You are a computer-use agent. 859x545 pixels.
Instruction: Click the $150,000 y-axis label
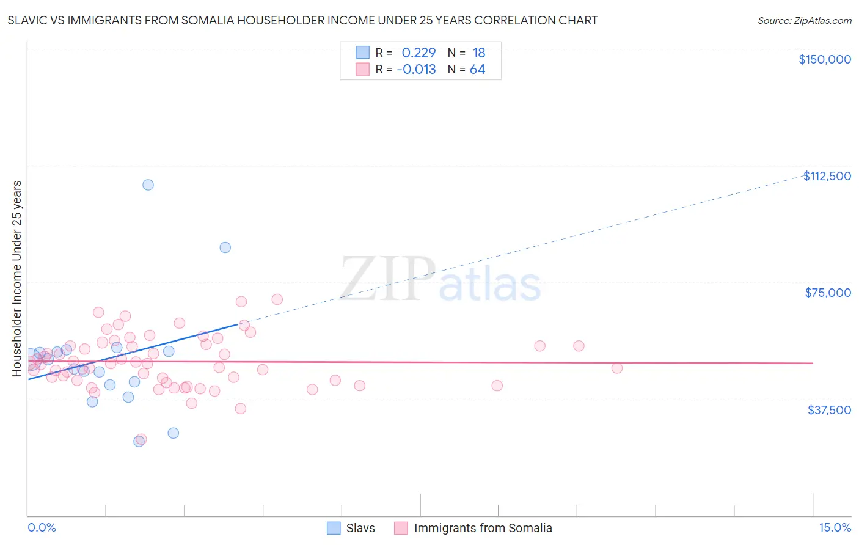pyautogui.click(x=824, y=59)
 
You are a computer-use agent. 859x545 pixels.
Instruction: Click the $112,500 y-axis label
pyautogui.click(x=827, y=176)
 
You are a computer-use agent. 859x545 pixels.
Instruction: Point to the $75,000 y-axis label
pyautogui.click(x=828, y=293)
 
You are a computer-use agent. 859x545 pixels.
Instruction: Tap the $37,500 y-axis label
pyautogui.click(x=829, y=410)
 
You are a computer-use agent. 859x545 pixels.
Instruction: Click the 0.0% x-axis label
pyautogui.click(x=42, y=527)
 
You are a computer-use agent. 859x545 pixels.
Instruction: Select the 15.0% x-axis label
pyautogui.click(x=835, y=527)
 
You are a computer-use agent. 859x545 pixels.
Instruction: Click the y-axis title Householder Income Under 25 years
pyautogui.click(x=16, y=278)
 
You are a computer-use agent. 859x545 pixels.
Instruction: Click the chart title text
pyautogui.click(x=302, y=20)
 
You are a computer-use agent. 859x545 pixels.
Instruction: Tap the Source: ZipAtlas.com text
pyautogui.click(x=804, y=20)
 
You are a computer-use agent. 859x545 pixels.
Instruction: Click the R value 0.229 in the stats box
pyautogui.click(x=419, y=53)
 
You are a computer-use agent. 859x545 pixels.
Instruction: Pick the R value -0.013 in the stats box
pyautogui.click(x=417, y=70)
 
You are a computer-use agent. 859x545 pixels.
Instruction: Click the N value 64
pyautogui.click(x=477, y=70)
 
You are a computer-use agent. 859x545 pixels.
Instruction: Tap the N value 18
pyautogui.click(x=478, y=53)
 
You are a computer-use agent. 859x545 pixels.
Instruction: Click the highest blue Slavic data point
pyautogui.click(x=148, y=185)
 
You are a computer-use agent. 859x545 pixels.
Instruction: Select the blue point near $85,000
pyautogui.click(x=225, y=247)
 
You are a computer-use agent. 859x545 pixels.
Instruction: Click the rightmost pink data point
pyautogui.click(x=616, y=368)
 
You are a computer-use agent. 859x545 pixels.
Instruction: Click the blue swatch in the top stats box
pyautogui.click(x=362, y=53)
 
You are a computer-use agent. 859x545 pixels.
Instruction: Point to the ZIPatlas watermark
pyautogui.click(x=440, y=279)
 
